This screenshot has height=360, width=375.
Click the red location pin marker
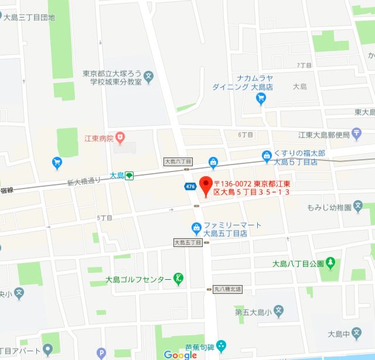click(x=205, y=184)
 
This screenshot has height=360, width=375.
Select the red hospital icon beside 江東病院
click(x=120, y=138)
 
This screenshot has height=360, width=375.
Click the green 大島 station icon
click(x=129, y=175)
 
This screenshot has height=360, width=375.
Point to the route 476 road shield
click(x=190, y=186)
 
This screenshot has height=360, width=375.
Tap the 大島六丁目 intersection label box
click(x=178, y=161)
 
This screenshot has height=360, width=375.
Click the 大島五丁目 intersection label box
click(x=187, y=242)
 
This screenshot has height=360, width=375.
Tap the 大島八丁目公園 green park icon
click(x=331, y=263)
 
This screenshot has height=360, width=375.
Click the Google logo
click(x=180, y=354)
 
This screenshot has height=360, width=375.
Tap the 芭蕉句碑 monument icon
click(x=220, y=346)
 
